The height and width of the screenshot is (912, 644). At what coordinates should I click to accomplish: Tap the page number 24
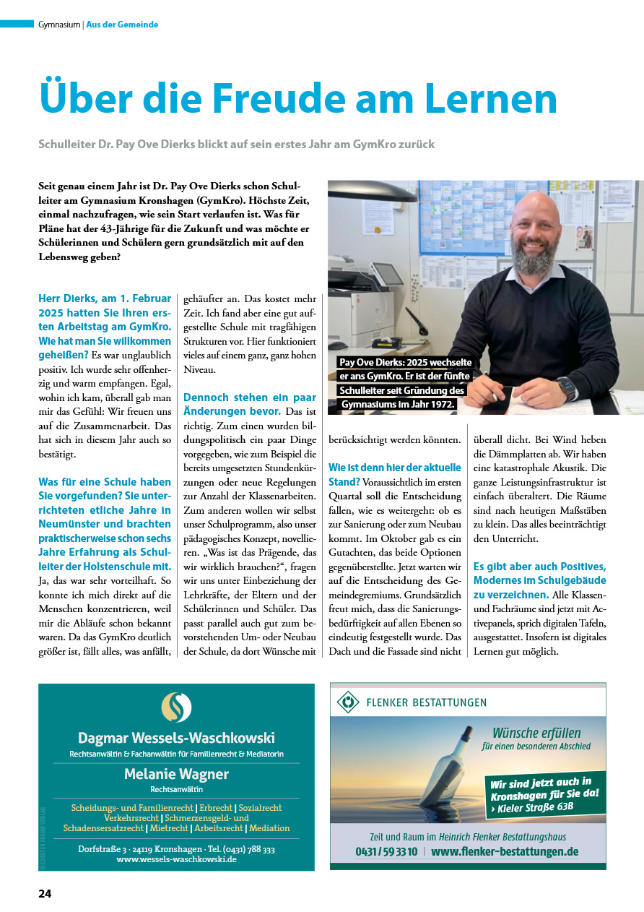tap(45, 893)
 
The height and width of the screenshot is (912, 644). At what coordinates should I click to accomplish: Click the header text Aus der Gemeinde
tap(122, 25)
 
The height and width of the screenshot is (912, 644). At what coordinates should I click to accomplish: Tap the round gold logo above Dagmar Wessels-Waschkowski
tap(176, 707)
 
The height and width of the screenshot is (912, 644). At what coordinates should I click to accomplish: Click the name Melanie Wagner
tap(176, 774)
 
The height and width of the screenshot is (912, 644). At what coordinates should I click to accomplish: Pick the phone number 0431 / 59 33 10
tap(386, 852)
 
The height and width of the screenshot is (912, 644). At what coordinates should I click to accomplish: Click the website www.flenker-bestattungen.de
tap(505, 852)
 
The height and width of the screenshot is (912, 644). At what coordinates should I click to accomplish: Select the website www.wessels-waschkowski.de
tap(176, 860)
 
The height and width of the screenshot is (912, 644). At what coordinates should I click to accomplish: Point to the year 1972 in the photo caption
tap(440, 404)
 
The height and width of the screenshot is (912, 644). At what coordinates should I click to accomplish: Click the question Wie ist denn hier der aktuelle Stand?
tap(394, 473)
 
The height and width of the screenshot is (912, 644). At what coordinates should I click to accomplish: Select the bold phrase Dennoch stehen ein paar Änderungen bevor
tap(250, 404)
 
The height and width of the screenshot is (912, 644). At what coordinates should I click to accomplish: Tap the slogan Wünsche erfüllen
tap(536, 733)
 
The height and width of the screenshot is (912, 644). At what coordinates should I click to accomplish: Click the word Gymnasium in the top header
tap(58, 25)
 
